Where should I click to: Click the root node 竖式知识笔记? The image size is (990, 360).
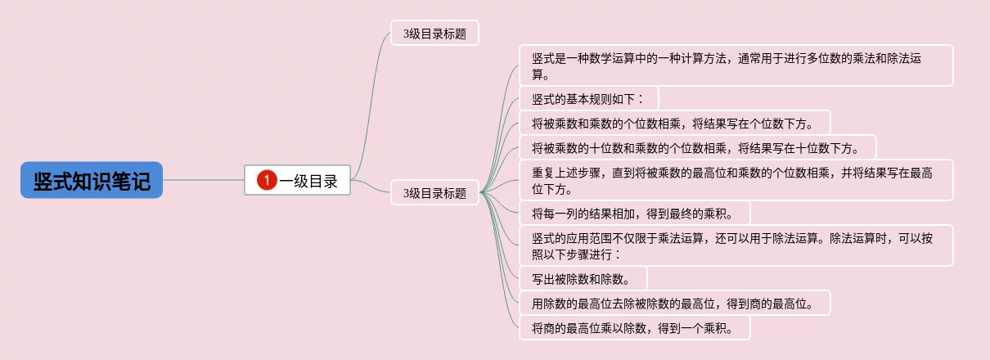pyautogui.click(x=92, y=180)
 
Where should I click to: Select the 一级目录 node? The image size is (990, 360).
pyautogui.click(x=297, y=180)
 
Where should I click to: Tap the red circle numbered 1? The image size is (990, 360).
pyautogui.click(x=266, y=180)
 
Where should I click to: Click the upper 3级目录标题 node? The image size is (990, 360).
pyautogui.click(x=434, y=34)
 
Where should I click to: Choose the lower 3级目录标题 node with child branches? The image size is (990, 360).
pyautogui.click(x=434, y=193)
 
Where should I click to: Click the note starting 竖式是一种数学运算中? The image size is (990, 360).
pyautogui.click(x=736, y=65)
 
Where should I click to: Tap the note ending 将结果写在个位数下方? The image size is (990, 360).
pyautogui.click(x=675, y=124)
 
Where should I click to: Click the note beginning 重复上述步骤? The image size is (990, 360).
pyautogui.click(x=736, y=180)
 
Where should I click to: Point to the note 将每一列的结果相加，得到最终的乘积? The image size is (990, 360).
pyautogui.click(x=634, y=214)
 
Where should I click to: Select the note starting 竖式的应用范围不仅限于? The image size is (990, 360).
pyautogui.click(x=736, y=245)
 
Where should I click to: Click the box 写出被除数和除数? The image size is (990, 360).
pyautogui.click(x=583, y=278)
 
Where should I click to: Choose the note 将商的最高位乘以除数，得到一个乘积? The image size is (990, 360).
pyautogui.click(x=634, y=328)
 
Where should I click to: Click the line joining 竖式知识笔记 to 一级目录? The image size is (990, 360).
pyautogui.click(x=204, y=180)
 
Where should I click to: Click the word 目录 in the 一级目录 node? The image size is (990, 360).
pyautogui.click(x=323, y=181)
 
